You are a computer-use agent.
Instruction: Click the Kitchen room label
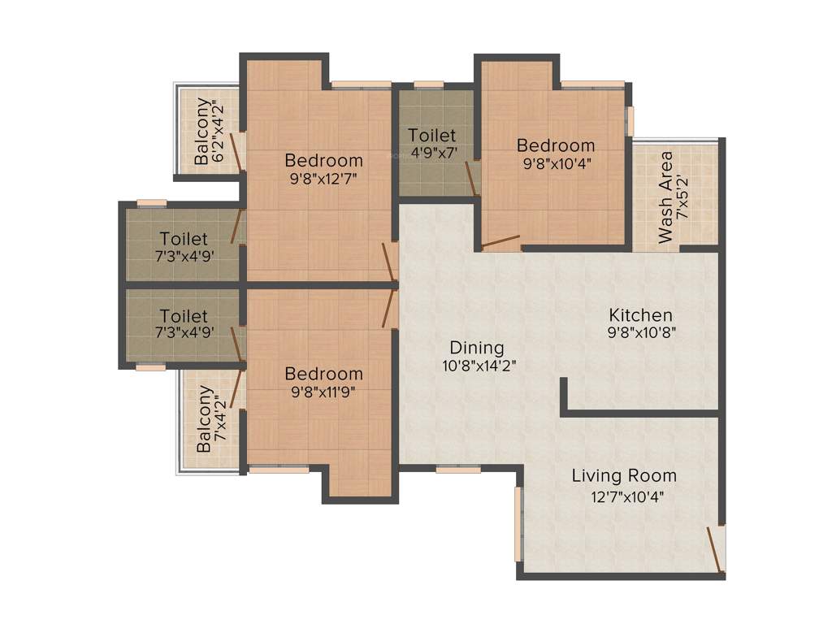coord(641,314)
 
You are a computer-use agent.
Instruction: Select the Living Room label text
coord(624,475)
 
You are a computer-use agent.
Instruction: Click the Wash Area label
coord(666,197)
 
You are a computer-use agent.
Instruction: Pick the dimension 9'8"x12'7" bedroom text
coord(323,179)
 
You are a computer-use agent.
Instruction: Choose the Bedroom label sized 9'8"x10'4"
coord(556,145)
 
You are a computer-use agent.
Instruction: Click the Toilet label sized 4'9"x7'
coord(431,135)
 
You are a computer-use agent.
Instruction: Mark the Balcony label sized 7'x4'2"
coord(206,418)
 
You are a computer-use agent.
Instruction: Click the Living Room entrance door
coord(716,552)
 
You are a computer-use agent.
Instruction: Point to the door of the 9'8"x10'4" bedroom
coord(500,241)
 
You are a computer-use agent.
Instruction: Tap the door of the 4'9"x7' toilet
coord(470,179)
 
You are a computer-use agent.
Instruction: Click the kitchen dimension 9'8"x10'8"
coord(641,332)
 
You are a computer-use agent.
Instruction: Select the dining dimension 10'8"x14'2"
coord(479,366)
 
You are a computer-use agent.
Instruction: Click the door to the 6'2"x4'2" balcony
coord(237,153)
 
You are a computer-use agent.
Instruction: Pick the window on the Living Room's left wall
coord(518,524)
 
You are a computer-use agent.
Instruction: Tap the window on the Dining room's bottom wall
coord(457,469)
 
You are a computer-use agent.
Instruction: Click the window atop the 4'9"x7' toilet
coord(428,84)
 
